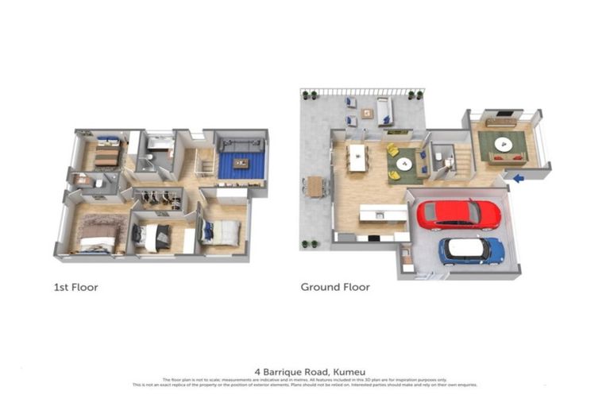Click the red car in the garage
click(458, 215)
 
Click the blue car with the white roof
click(472, 250)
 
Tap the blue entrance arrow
click(518, 178)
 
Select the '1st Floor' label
click(76, 287)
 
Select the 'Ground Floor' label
click(334, 287)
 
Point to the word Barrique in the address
click(291, 370)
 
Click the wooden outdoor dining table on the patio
click(315, 185)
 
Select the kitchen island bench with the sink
click(384, 214)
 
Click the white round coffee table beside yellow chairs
click(404, 164)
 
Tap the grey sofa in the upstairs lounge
click(239, 145)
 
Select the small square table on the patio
click(367, 113)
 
